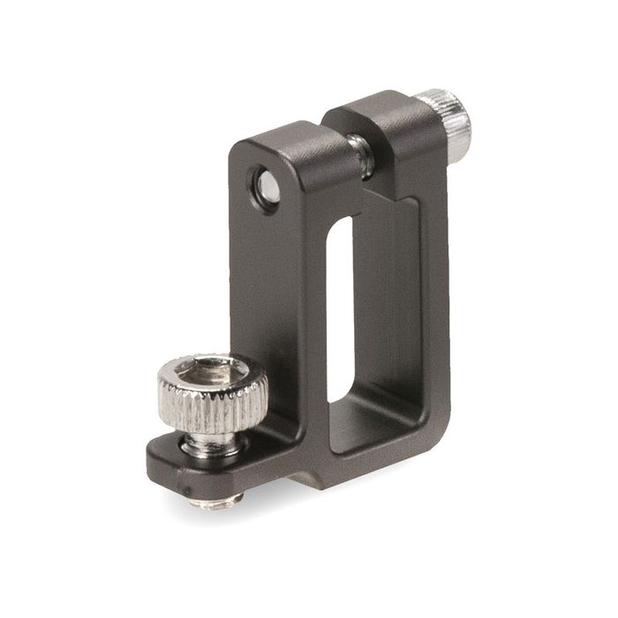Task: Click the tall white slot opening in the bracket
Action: [x=340, y=309]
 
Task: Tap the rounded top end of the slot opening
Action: [x=340, y=225]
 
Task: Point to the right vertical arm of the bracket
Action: [x=433, y=291]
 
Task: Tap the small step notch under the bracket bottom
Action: [x=305, y=482]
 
